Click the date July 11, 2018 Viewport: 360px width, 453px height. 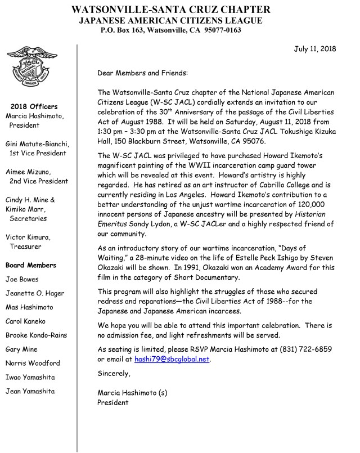click(315, 49)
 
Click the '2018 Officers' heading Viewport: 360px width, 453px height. click(34, 106)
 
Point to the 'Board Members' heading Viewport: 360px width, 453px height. click(30, 265)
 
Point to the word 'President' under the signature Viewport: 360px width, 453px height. click(113, 402)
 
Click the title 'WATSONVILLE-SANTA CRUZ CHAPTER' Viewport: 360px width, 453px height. click(178, 9)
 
